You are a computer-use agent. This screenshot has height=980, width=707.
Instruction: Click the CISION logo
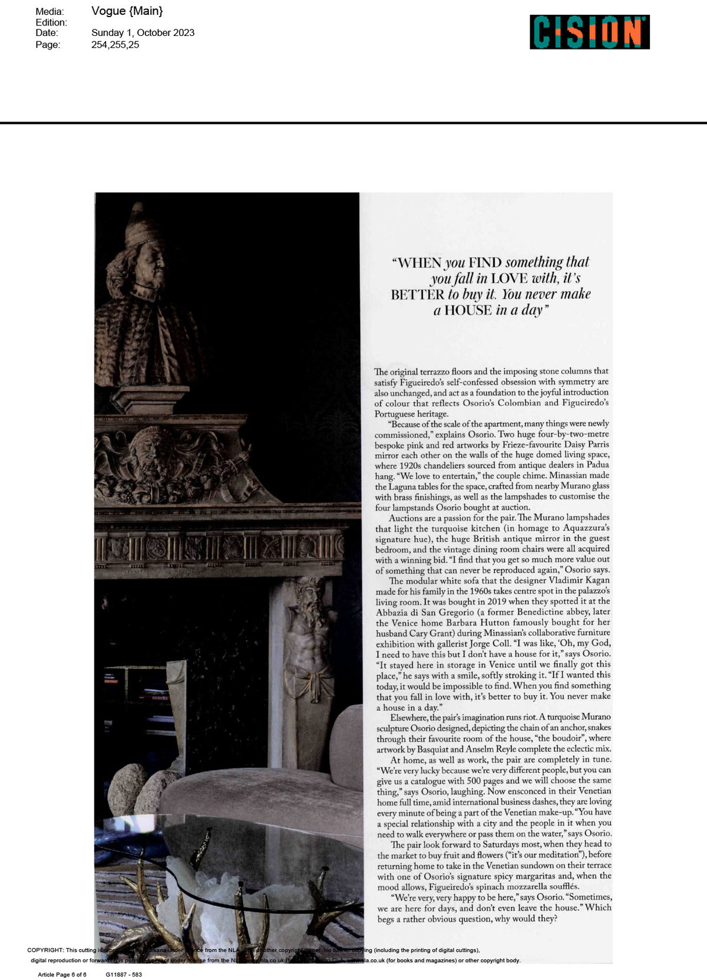point(589,32)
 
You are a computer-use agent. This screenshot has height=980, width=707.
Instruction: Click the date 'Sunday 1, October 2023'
point(143,33)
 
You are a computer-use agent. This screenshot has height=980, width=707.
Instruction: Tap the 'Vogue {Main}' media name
point(127,11)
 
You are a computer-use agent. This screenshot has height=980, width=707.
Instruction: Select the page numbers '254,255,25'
point(115,45)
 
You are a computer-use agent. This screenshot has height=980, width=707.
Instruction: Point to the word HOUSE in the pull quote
point(468,311)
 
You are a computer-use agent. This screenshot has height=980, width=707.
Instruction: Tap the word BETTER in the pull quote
point(417,295)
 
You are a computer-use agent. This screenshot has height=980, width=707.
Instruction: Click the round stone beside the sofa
point(127,788)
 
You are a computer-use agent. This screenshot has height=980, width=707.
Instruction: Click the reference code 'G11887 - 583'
point(124,975)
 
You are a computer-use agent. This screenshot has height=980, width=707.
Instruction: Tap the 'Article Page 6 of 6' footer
point(62,975)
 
